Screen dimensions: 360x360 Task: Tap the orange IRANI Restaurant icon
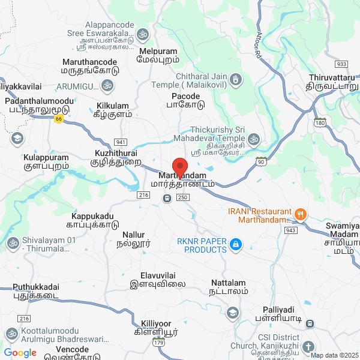tap(301, 213)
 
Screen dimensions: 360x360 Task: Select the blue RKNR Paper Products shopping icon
tap(236, 244)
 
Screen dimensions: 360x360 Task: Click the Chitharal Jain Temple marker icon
tap(236, 79)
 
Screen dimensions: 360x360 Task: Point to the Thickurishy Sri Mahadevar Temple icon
tap(254, 140)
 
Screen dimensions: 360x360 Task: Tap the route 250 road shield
tap(183, 197)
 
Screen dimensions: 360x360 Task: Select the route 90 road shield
tap(260, 161)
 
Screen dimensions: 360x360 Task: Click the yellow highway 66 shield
tap(58, 119)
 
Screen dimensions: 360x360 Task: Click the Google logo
tap(20, 353)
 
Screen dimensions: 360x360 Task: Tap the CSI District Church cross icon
tap(308, 347)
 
